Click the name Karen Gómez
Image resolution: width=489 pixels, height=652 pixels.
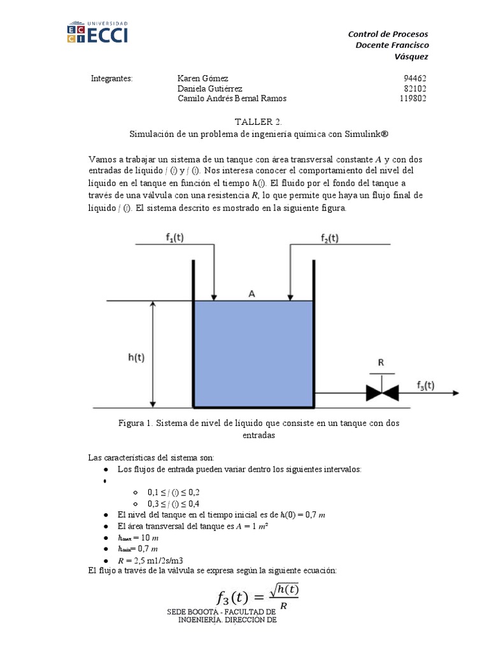(202, 78)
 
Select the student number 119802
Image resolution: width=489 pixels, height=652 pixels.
(413, 99)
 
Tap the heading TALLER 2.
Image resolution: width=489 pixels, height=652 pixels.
(257, 121)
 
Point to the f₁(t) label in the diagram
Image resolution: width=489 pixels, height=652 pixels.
(180, 238)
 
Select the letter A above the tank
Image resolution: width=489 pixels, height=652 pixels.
(252, 294)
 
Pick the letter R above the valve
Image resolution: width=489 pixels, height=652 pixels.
(381, 362)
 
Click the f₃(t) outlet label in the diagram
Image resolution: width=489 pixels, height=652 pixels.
(425, 385)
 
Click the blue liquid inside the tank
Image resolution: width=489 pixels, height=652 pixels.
(253, 353)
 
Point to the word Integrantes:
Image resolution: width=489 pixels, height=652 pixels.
(111, 78)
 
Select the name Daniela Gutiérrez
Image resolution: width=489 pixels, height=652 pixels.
(209, 89)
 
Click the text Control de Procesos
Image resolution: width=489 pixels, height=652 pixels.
(388, 34)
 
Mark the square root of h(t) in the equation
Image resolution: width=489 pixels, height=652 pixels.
(284, 591)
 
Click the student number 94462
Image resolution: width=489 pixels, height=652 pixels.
(415, 78)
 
